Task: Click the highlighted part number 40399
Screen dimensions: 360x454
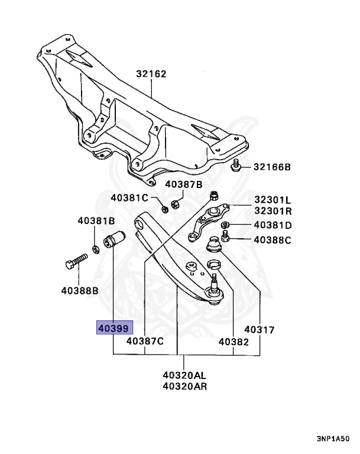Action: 113,329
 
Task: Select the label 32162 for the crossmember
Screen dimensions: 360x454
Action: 151,74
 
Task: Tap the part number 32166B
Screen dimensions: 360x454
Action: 272,167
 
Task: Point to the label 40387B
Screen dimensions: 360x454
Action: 184,184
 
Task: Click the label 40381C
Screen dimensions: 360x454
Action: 129,198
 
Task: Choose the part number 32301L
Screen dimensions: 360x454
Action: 273,200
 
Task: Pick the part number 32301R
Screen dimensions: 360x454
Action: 273,211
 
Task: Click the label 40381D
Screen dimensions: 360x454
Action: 273,225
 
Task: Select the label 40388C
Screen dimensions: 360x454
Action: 273,240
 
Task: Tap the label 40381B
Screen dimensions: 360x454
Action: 96,221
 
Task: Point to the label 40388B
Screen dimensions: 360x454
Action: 80,290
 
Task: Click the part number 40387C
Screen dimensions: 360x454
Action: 145,341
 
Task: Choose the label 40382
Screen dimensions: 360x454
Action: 233,342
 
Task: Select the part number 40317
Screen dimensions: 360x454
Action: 259,330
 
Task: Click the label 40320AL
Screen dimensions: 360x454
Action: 184,375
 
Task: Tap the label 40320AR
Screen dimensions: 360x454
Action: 185,386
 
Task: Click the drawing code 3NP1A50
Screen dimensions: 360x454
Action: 333,439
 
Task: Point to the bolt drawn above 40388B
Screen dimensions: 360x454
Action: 76,261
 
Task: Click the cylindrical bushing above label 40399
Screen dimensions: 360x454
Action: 114,239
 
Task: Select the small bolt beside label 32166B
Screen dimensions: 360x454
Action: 235,165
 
